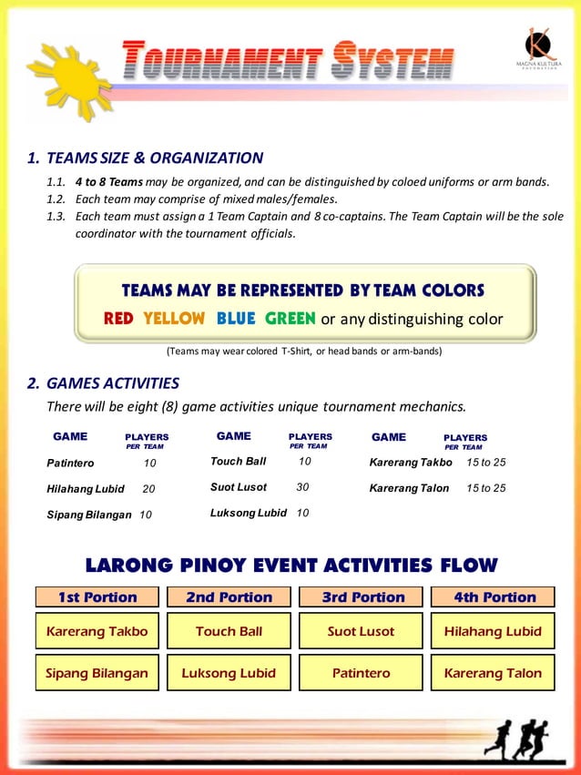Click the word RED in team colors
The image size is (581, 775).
[x=118, y=319]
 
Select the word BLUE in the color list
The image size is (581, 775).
[x=236, y=319]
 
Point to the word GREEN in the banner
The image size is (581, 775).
[x=290, y=319]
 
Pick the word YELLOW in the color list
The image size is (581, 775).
[x=174, y=319]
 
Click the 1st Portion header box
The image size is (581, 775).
[x=97, y=597]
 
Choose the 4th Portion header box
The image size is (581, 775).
[x=493, y=597]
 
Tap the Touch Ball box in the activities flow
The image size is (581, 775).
[x=229, y=631]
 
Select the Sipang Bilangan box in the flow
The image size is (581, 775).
[x=97, y=673]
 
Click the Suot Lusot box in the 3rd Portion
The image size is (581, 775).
[x=361, y=631]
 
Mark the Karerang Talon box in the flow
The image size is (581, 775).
[x=493, y=673]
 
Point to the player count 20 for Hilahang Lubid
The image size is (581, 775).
[x=148, y=489]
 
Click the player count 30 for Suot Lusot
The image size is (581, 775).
[x=303, y=487]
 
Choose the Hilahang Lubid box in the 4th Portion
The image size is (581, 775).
[x=493, y=631]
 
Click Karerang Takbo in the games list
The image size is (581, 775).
[x=411, y=463]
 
